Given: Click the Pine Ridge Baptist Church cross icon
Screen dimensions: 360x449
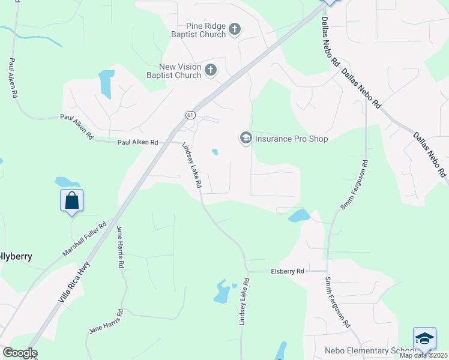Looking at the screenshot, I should pyautogui.click(x=235, y=29).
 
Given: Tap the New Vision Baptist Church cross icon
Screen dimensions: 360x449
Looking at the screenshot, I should pyautogui.click(x=210, y=70).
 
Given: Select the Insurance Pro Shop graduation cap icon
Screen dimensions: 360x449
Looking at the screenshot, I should pyautogui.click(x=246, y=139).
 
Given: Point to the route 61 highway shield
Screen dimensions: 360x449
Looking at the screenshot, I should pyautogui.click(x=189, y=115).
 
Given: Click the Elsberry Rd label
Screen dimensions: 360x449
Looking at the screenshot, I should pyautogui.click(x=288, y=271).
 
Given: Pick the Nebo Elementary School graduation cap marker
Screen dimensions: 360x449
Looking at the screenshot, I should pyautogui.click(x=424, y=339).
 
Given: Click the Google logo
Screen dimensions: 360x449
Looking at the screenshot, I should pyautogui.click(x=20, y=353).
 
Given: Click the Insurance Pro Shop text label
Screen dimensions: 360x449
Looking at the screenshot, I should pyautogui.click(x=292, y=139).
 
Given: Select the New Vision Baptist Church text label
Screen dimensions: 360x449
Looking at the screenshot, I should pyautogui.click(x=172, y=71).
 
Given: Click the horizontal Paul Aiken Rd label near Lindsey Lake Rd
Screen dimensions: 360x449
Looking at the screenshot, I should pyautogui.click(x=137, y=142).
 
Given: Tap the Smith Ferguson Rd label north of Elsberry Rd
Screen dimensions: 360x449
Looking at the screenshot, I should pyautogui.click(x=354, y=184).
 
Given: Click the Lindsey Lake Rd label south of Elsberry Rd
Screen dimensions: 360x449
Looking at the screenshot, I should pyautogui.click(x=244, y=302).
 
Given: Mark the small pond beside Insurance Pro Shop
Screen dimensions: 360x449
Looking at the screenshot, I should pyautogui.click(x=214, y=152).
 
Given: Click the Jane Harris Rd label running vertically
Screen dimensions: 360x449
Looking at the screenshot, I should pyautogui.click(x=120, y=246).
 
